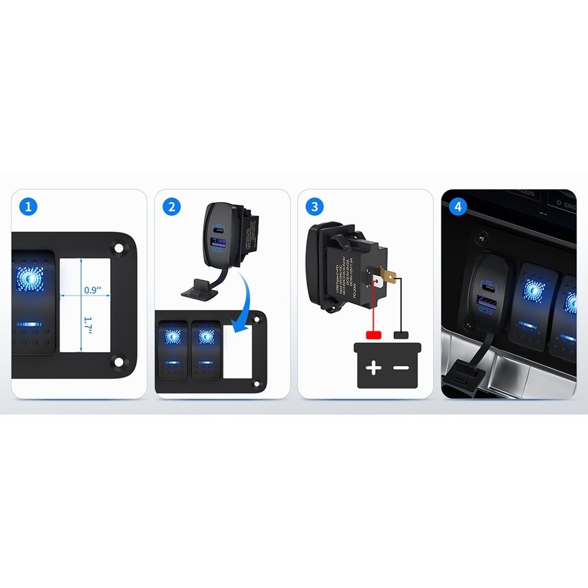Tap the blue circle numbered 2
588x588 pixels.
[171, 206]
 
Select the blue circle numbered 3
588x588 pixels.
[314, 206]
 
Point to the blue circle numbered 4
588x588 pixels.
[457, 206]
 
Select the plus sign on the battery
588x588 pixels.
[374, 368]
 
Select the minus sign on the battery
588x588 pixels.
[402, 368]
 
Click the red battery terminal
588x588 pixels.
[374, 335]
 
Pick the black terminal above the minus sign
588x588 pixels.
[402, 335]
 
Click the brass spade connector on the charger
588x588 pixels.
[386, 275]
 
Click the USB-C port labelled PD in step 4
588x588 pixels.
[489, 286]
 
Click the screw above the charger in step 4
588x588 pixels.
[483, 235]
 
